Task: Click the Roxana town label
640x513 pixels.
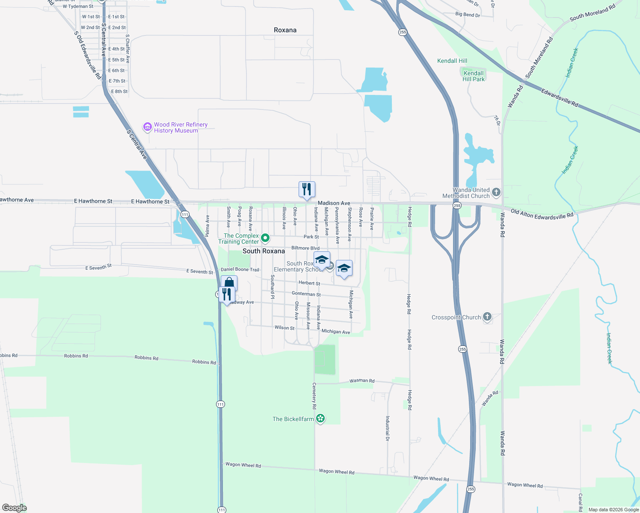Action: (x=285, y=30)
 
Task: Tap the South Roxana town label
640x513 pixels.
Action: (x=264, y=251)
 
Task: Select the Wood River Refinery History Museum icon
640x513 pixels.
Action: (x=148, y=127)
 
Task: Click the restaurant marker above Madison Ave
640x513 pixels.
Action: (x=307, y=189)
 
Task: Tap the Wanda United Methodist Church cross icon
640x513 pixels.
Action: (x=496, y=192)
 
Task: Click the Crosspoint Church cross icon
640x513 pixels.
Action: (x=487, y=317)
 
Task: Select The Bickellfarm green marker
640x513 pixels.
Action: (x=320, y=419)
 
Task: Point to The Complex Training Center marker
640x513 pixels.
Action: (x=265, y=238)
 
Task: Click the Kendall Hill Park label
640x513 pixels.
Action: (x=474, y=76)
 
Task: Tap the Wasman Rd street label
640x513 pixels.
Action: (x=362, y=380)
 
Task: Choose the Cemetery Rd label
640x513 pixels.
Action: (x=314, y=396)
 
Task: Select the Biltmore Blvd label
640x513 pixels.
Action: (x=305, y=248)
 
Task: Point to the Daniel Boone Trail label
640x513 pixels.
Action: (x=240, y=269)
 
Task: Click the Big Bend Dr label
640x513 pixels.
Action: (x=468, y=15)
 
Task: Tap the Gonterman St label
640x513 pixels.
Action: (x=306, y=294)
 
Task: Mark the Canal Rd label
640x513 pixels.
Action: (x=581, y=503)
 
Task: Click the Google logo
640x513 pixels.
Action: (x=15, y=508)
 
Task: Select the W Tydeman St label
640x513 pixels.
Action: (x=78, y=6)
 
